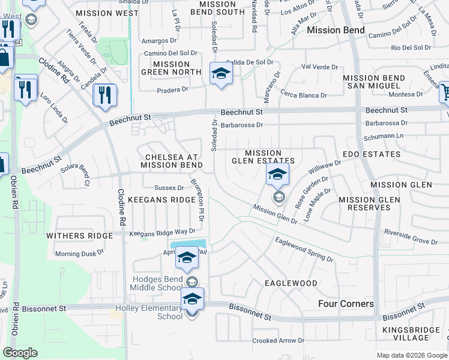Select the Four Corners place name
[346, 304]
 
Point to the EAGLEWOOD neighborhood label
[291, 282]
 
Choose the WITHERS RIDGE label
[76, 236]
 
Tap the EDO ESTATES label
[371, 154]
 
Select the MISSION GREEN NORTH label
[171, 68]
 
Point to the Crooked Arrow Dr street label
[278, 341]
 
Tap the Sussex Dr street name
[169, 188]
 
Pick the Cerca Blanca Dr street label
[304, 95]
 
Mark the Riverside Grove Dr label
[411, 237]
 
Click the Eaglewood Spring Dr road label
[304, 249]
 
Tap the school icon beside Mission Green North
[221, 74]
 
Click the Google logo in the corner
[20, 353]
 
